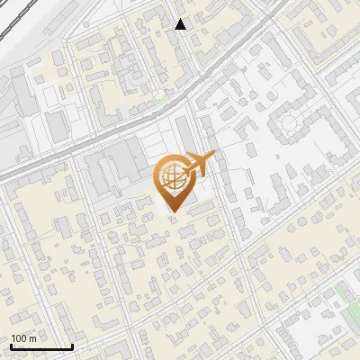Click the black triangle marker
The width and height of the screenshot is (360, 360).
[x=181, y=24]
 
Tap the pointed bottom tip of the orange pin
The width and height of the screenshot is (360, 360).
[x=172, y=211]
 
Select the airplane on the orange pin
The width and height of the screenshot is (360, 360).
[x=197, y=164]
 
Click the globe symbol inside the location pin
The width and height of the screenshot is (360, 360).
[x=172, y=177]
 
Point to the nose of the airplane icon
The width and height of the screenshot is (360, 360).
[x=214, y=157]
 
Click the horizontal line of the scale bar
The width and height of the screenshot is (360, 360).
[x=41, y=346]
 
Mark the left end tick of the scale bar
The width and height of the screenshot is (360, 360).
[x=11, y=345]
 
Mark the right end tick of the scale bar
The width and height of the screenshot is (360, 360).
[x=72, y=345]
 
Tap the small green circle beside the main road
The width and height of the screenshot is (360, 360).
[x=158, y=93]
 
